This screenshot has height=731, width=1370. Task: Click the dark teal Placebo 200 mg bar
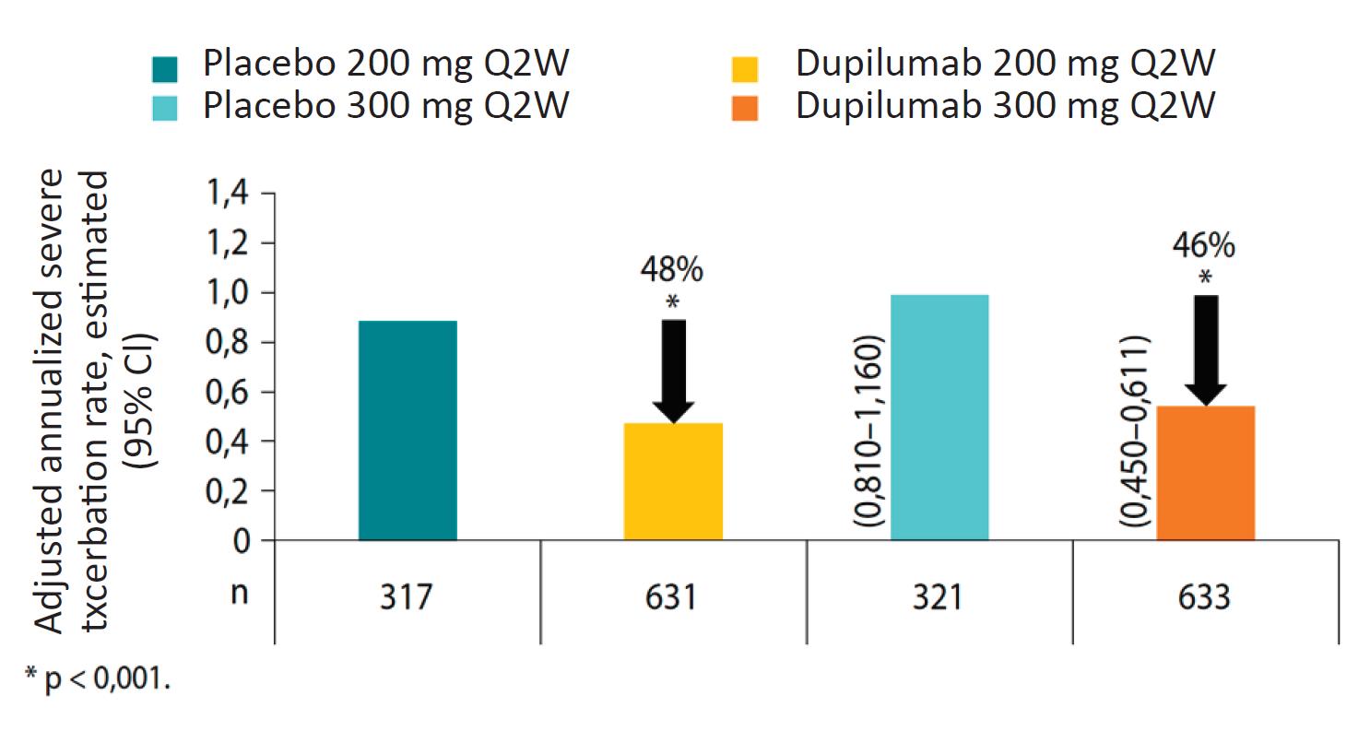coord(407,430)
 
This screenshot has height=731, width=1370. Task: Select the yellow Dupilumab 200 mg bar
coord(673,481)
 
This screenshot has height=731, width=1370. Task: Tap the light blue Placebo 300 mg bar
coord(939,417)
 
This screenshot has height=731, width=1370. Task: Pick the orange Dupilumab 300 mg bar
coord(1205,472)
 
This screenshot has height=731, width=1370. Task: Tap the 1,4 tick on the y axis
coord(229,194)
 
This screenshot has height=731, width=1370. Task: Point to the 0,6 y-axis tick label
coord(229,392)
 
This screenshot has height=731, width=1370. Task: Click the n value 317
coord(407,597)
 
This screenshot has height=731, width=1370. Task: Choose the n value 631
coord(673,597)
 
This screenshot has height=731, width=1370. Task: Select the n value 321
coord(939,597)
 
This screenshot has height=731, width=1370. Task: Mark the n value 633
coord(1205,597)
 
